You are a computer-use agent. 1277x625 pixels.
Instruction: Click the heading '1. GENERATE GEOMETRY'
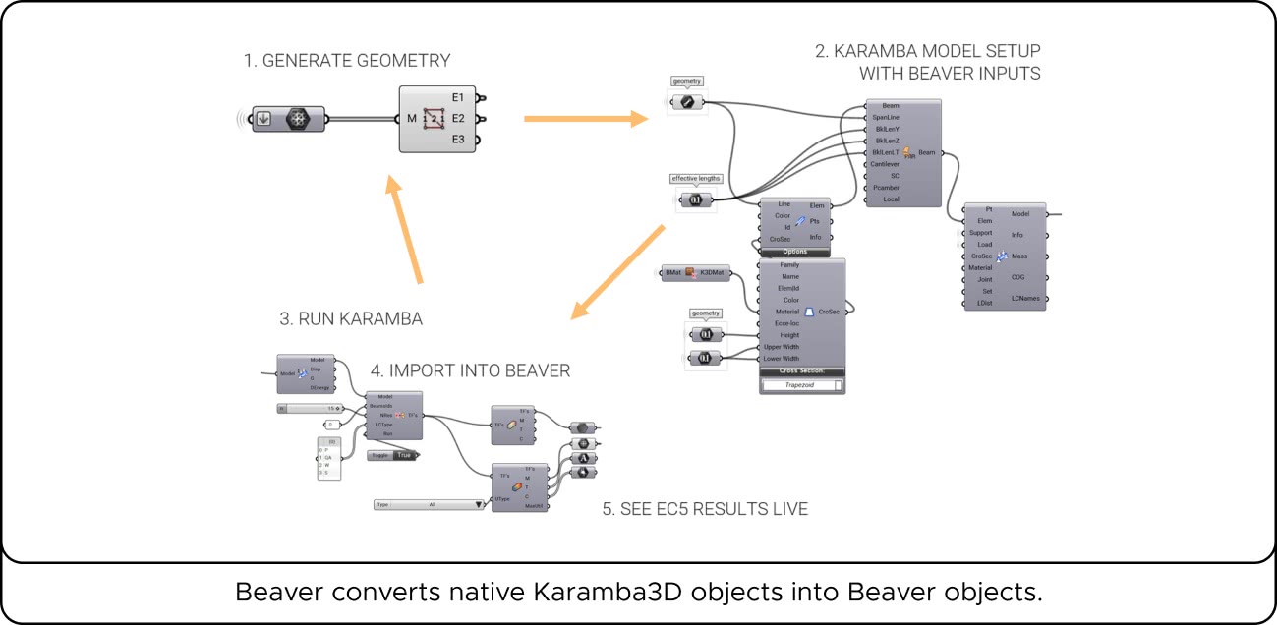click(x=347, y=61)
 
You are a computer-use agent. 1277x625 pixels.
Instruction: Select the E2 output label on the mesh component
click(x=458, y=119)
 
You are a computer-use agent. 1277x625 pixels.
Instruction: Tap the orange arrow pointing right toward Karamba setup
click(x=586, y=119)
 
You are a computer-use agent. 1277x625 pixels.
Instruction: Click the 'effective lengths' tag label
click(x=696, y=179)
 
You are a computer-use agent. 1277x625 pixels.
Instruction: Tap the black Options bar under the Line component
click(x=795, y=251)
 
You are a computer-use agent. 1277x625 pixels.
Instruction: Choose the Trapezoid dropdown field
click(x=802, y=385)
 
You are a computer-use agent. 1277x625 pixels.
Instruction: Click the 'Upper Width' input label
click(x=782, y=347)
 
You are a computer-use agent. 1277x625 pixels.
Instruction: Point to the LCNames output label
click(x=1025, y=299)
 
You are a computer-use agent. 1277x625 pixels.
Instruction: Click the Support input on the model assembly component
click(x=980, y=233)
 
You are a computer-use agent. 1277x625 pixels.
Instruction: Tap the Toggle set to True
click(x=391, y=455)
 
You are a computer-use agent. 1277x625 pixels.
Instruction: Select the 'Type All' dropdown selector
click(x=431, y=504)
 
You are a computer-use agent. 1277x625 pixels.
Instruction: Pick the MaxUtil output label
click(x=535, y=506)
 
